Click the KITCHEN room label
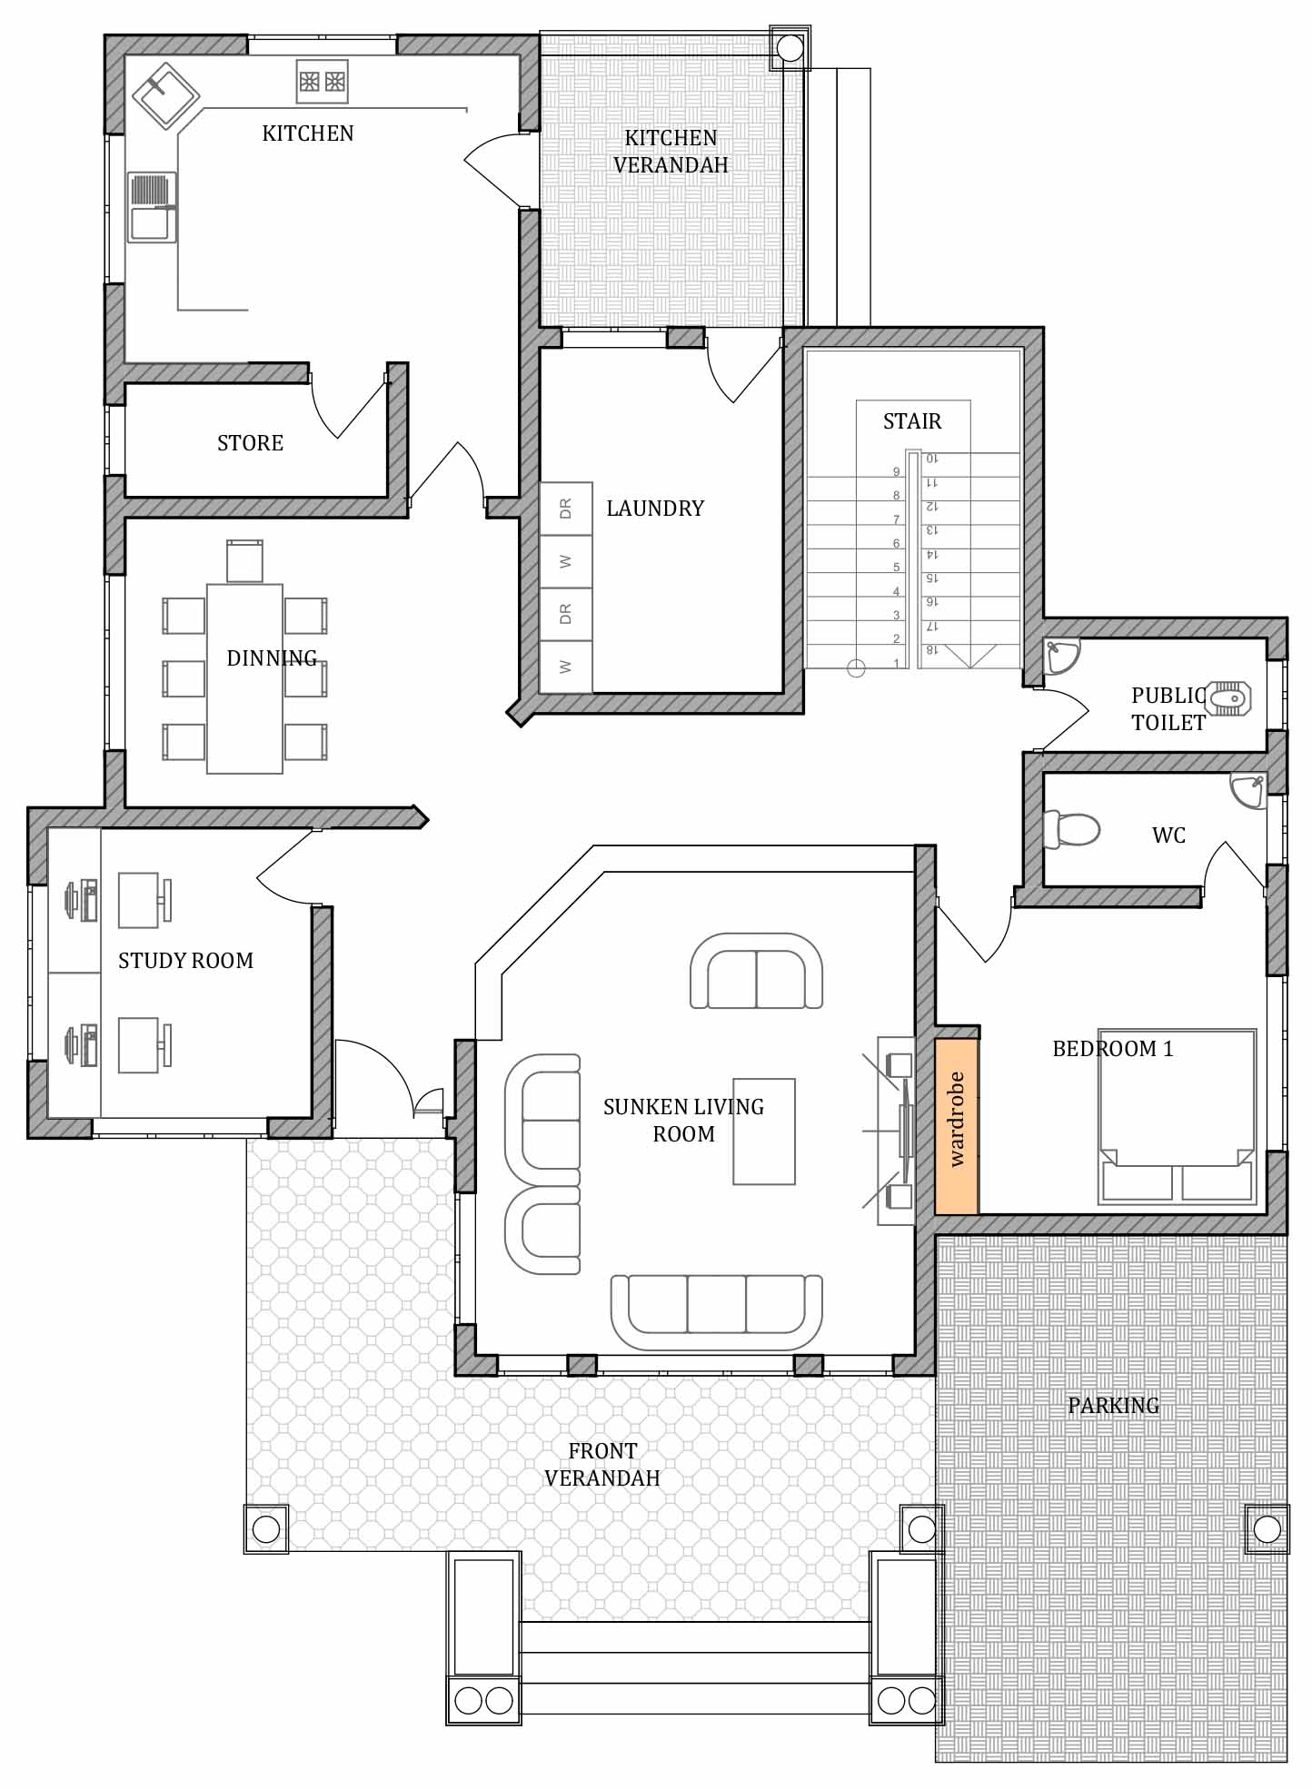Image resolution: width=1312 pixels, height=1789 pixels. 307,133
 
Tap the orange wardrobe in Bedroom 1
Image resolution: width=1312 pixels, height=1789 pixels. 957,1126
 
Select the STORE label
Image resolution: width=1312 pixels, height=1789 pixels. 250,443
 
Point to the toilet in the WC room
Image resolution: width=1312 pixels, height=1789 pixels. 1071,829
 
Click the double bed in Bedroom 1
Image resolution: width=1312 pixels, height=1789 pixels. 1177,1116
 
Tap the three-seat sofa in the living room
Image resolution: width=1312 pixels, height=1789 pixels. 716,1313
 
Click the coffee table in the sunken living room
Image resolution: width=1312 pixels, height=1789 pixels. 764,1132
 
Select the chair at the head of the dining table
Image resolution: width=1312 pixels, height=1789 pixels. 244,561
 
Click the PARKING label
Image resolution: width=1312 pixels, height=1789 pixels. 1113,1406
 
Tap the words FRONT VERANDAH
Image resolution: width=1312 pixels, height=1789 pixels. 602,1464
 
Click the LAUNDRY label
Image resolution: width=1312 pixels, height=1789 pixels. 655,509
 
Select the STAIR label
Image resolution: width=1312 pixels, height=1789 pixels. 912,421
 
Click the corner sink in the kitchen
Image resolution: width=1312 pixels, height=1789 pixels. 166,94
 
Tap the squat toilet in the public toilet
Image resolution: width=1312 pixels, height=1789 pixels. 1228,699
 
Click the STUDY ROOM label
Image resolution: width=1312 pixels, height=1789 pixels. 185,961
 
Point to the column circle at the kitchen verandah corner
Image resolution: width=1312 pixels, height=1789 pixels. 790,48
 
